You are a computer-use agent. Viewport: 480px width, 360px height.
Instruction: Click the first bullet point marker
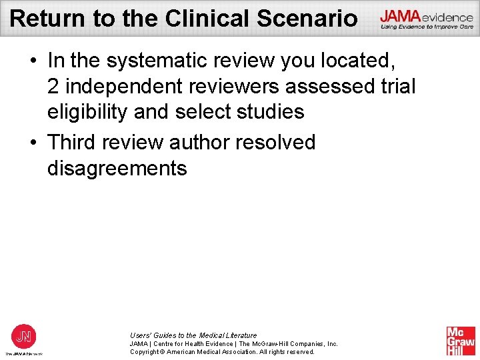click(33, 61)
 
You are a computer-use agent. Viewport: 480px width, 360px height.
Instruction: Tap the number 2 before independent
click(53, 87)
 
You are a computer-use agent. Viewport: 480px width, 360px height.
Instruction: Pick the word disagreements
click(117, 168)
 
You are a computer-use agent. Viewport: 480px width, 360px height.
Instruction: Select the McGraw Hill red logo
click(461, 341)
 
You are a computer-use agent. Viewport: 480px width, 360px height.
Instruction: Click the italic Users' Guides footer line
click(193, 335)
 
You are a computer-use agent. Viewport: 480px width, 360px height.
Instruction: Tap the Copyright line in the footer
click(222, 351)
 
